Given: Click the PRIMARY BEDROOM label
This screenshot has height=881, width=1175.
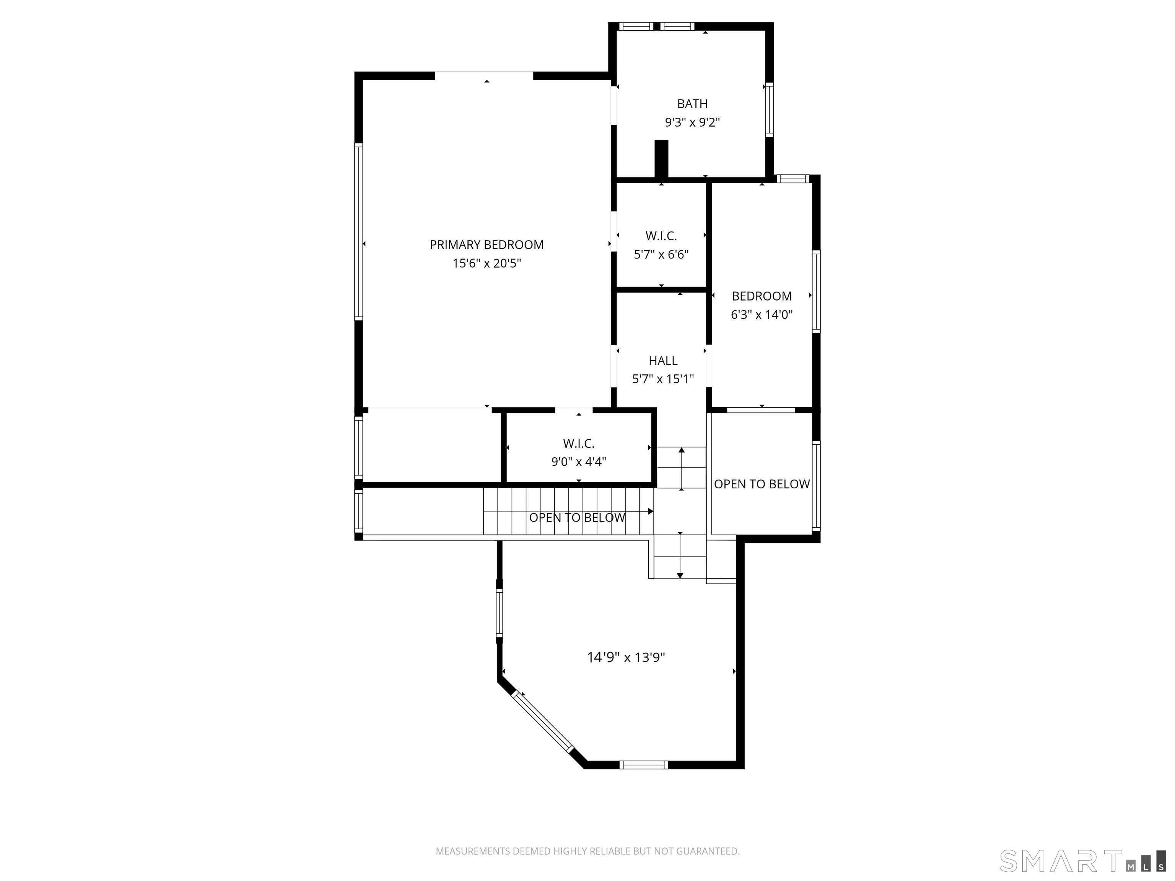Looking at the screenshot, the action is [487, 245].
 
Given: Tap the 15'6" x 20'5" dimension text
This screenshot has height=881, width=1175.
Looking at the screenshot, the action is [487, 263].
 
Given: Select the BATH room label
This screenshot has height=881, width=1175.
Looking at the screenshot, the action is [692, 104].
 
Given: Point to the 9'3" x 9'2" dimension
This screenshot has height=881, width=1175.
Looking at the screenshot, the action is [692, 123].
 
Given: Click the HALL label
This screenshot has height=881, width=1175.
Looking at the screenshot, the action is [663, 361].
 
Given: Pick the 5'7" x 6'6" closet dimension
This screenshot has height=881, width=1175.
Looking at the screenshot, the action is [661, 254].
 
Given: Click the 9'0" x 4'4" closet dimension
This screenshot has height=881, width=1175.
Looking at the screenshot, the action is [578, 462].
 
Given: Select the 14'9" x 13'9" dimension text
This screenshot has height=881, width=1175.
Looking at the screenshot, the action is [626, 657].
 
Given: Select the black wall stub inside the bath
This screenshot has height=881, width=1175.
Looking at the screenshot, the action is [661, 159].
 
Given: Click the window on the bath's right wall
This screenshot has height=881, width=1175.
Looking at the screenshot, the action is [769, 109].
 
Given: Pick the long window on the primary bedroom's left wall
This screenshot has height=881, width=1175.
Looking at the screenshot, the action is [358, 232].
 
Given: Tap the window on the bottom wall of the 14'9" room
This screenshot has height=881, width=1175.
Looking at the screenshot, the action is [643, 765].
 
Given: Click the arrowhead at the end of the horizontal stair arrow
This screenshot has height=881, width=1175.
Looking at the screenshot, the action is [651, 511].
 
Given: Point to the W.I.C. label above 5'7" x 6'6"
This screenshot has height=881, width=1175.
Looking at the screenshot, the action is [661, 236].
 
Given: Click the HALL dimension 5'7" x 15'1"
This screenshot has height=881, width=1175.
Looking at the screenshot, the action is [663, 379].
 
